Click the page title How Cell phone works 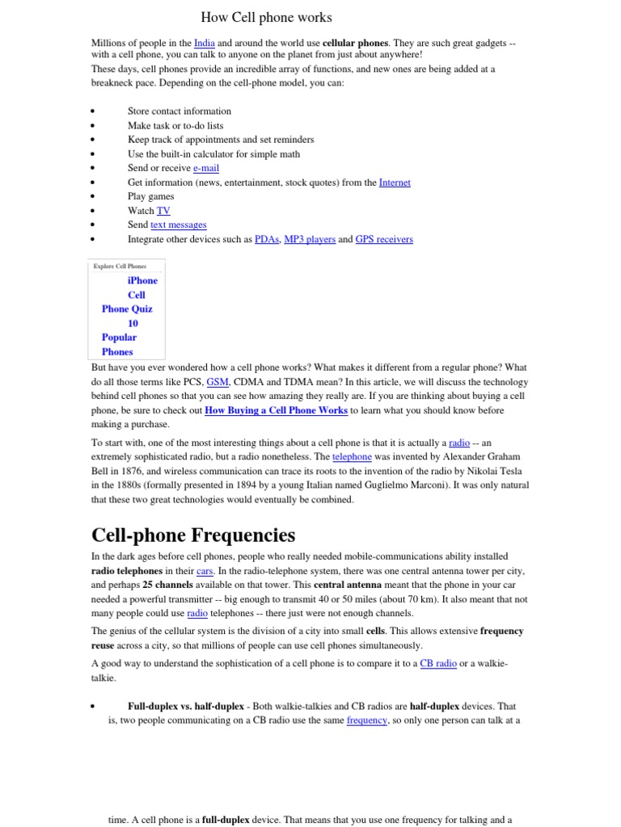(x=266, y=17)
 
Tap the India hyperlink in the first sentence (x=205, y=42)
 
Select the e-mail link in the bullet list (x=205, y=168)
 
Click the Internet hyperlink (x=395, y=183)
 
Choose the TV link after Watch (x=163, y=211)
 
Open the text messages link (x=178, y=225)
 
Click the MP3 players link (x=310, y=239)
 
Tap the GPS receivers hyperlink (x=384, y=239)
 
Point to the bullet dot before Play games (x=94, y=197)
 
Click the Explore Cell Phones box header (x=120, y=266)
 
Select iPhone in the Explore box (x=142, y=280)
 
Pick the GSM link (x=218, y=382)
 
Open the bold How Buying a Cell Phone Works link (x=276, y=410)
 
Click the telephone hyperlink (x=350, y=456)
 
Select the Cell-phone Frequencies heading (x=193, y=535)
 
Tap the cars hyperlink (x=205, y=570)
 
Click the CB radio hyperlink (x=438, y=663)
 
